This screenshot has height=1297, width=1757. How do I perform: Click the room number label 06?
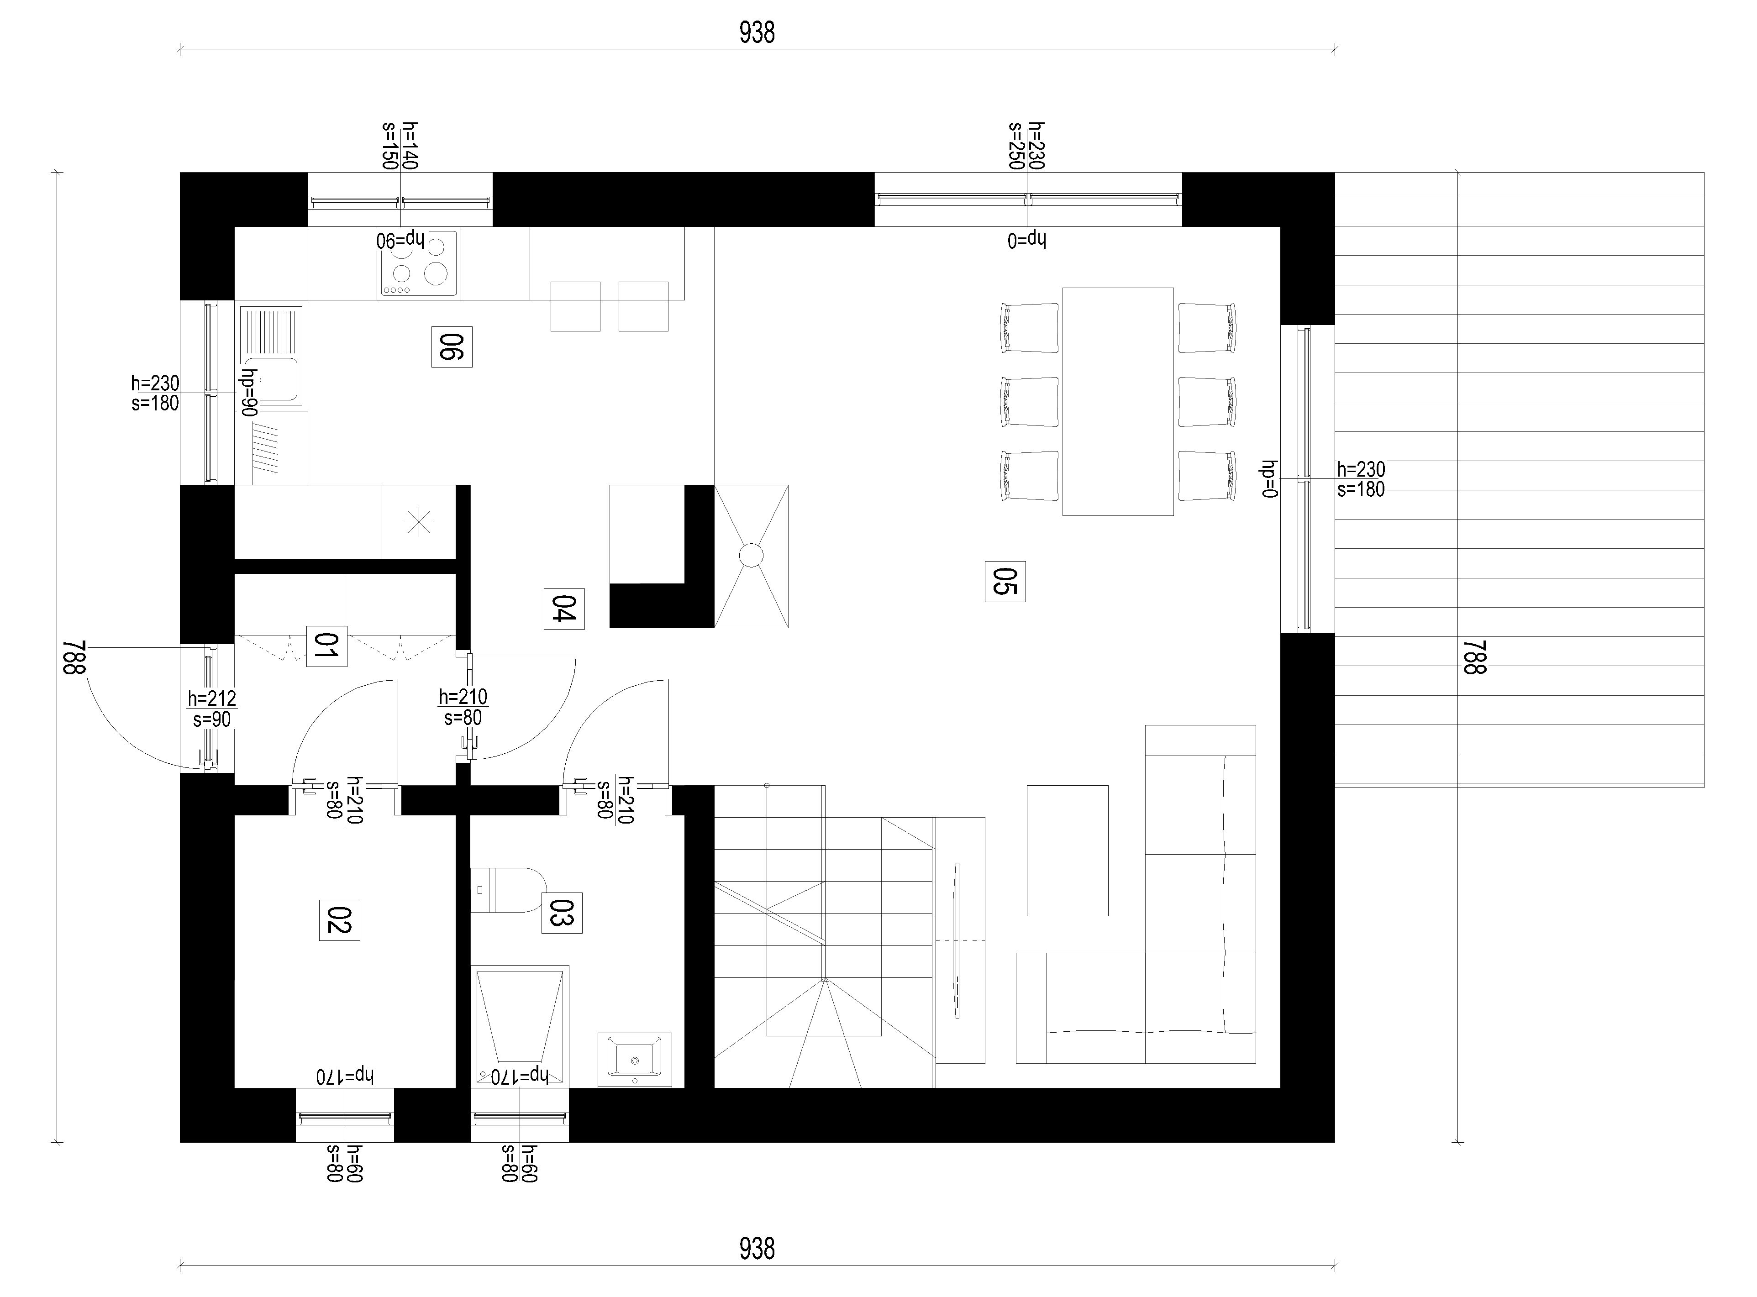tap(452, 346)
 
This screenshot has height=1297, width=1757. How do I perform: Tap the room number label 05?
tap(1005, 582)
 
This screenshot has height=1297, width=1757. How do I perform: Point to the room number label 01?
tap(326, 646)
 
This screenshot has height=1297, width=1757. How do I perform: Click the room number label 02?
tap(339, 920)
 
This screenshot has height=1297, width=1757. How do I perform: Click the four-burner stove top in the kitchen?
tap(418, 263)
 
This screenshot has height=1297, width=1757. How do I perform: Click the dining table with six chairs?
tap(1118, 401)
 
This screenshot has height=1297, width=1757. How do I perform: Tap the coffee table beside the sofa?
tap(1068, 850)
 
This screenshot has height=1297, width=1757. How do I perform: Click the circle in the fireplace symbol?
tap(751, 555)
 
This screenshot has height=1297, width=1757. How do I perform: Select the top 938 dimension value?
tap(757, 32)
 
